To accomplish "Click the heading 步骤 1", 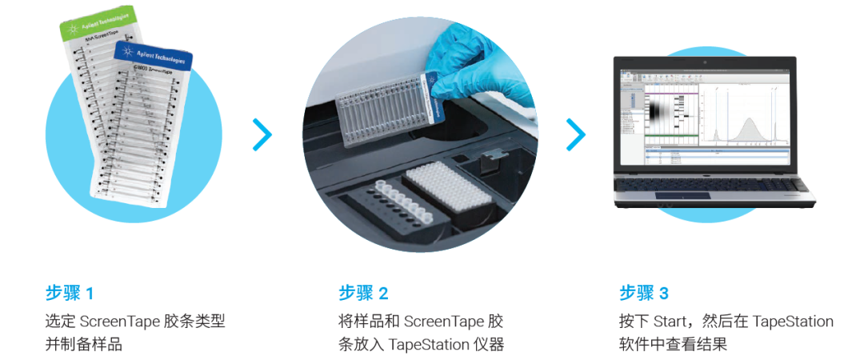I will [70, 294].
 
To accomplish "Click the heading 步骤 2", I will [364, 294].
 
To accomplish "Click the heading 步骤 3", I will [645, 294].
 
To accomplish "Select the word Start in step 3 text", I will [670, 322].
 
